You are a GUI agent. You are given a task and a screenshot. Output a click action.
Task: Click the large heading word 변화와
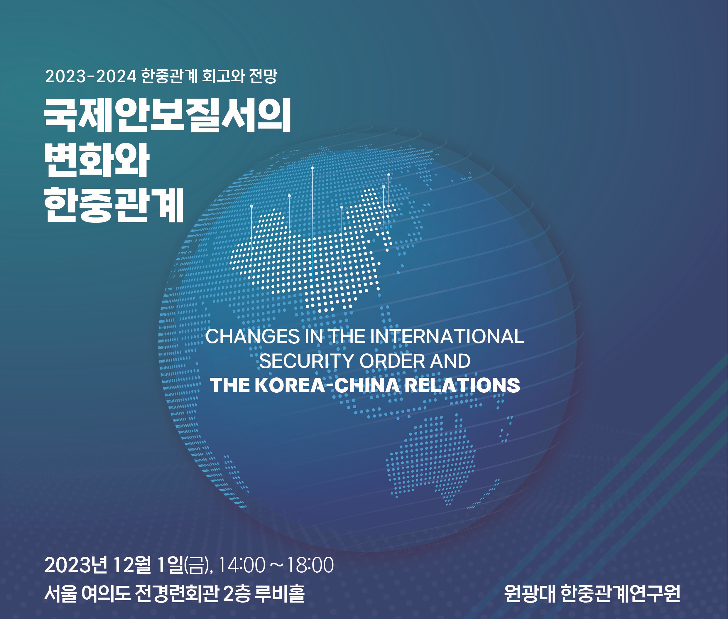point(97,160)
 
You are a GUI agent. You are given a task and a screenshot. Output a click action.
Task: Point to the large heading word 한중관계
point(114,204)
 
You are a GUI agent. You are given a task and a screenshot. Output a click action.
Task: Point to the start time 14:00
point(242,565)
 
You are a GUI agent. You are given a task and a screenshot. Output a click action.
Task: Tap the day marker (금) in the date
point(197,565)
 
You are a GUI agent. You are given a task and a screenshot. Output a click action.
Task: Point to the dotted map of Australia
point(431,460)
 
